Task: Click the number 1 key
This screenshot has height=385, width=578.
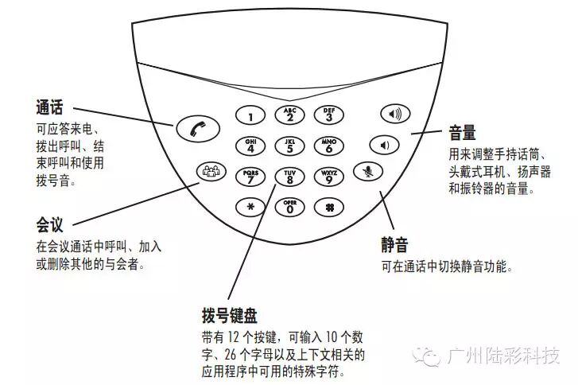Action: pos(251,116)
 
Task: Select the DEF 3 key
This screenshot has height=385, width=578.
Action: pos(328,115)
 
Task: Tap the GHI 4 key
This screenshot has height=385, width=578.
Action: pos(250,146)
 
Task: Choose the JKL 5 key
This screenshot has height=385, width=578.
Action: pos(289,146)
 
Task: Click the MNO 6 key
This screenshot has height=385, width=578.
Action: pos(328,146)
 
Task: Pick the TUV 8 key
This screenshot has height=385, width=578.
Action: pos(289,177)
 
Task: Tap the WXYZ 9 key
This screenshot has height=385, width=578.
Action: pos(328,177)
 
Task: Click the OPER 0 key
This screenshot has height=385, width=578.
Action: pos(289,207)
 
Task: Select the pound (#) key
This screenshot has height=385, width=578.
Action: pos(328,207)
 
